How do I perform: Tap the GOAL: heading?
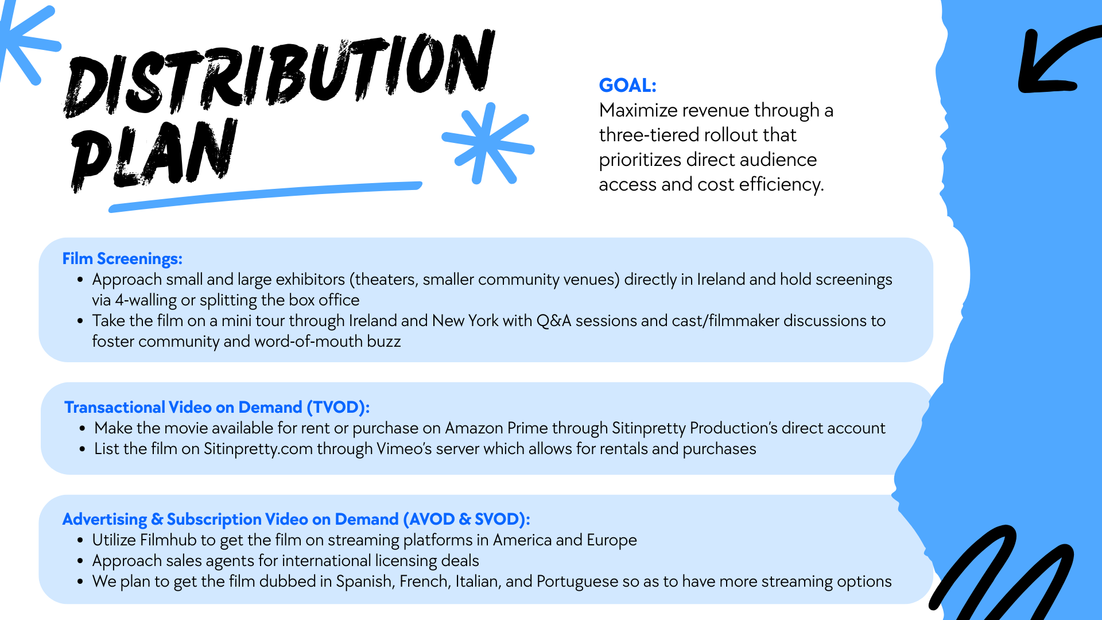coord(627,85)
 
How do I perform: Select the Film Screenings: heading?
coord(122,259)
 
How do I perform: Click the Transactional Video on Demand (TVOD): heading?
coord(217,407)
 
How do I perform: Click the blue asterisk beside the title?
coord(488,144)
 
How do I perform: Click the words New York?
coord(465,320)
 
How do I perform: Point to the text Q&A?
coord(554,320)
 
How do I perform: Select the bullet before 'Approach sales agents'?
coord(80,561)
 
